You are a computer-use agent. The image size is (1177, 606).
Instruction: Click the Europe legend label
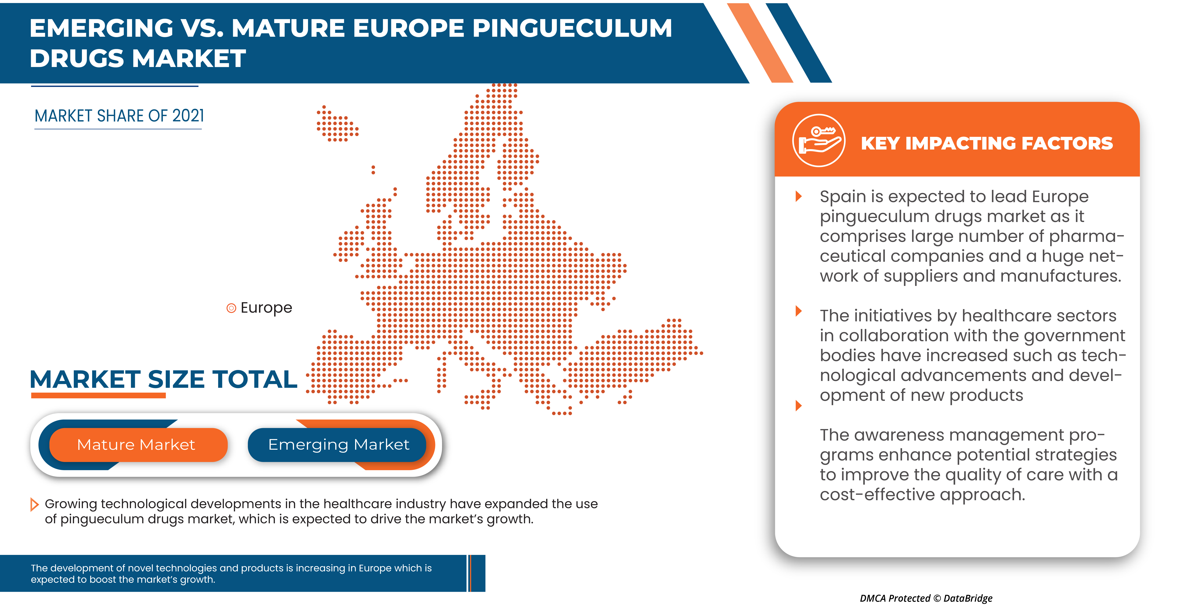pyautogui.click(x=266, y=308)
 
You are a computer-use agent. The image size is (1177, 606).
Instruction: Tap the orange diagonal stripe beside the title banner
pyautogui.click(x=760, y=43)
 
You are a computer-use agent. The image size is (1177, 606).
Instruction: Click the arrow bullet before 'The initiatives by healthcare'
pyautogui.click(x=799, y=311)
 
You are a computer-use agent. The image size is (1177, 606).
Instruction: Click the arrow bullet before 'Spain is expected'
pyautogui.click(x=799, y=196)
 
